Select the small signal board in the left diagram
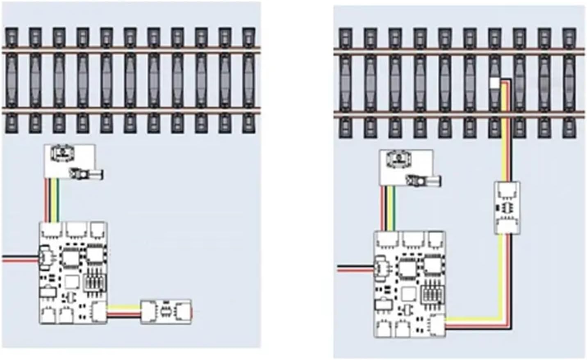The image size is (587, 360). pos(70,161)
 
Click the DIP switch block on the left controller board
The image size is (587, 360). pos(95,280)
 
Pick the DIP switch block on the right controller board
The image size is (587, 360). pos(430,292)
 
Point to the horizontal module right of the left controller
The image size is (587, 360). pos(166,312)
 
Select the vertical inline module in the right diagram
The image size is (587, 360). pos(507,207)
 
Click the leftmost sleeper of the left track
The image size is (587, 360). pos(11,80)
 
